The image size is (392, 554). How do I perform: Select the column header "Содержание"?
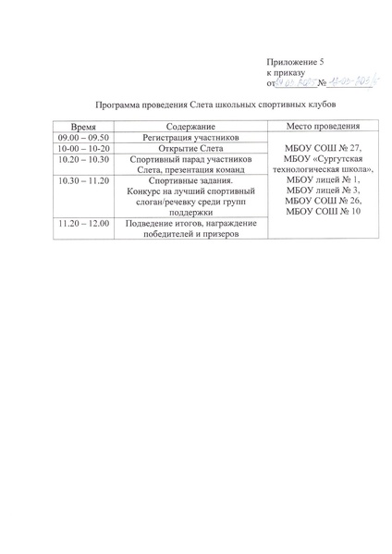pos(190,126)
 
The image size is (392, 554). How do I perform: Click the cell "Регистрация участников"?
pos(191,137)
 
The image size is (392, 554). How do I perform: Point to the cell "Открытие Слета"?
pos(190,148)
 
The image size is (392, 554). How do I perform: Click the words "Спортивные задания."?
pos(191,181)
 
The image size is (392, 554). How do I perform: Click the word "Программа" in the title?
pos(124,107)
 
